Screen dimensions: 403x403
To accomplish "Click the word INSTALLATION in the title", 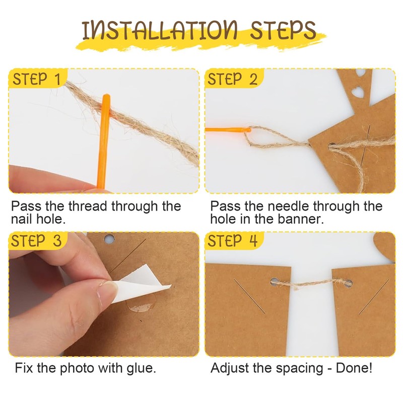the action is tap(159, 31).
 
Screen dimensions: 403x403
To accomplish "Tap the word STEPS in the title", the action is tap(283, 30).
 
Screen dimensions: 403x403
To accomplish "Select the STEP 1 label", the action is tap(36, 79).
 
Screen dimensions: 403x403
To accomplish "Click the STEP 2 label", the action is tap(232, 79).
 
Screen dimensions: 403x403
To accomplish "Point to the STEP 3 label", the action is tap(36, 241).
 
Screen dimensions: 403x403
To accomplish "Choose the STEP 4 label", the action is tap(232, 241).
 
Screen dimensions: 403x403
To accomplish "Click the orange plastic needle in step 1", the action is tap(104, 142).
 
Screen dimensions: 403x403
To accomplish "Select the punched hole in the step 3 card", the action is tap(109, 239).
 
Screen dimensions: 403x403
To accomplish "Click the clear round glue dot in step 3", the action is tap(141, 303).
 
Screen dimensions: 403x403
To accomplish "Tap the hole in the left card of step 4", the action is tap(275, 281).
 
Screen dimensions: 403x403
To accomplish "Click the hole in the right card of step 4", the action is tap(348, 283).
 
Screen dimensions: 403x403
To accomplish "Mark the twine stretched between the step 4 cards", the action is tap(311, 284).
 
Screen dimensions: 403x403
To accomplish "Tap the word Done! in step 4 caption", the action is tap(354, 368).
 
